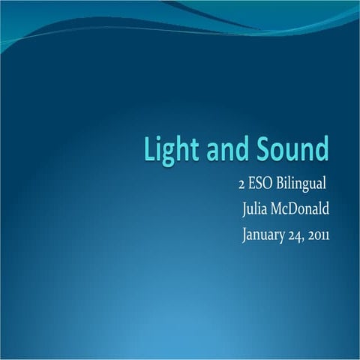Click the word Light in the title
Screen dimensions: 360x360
(168, 150)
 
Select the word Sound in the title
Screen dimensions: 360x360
(292, 150)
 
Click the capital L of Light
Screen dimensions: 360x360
(148, 150)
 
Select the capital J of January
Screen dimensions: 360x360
(245, 235)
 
